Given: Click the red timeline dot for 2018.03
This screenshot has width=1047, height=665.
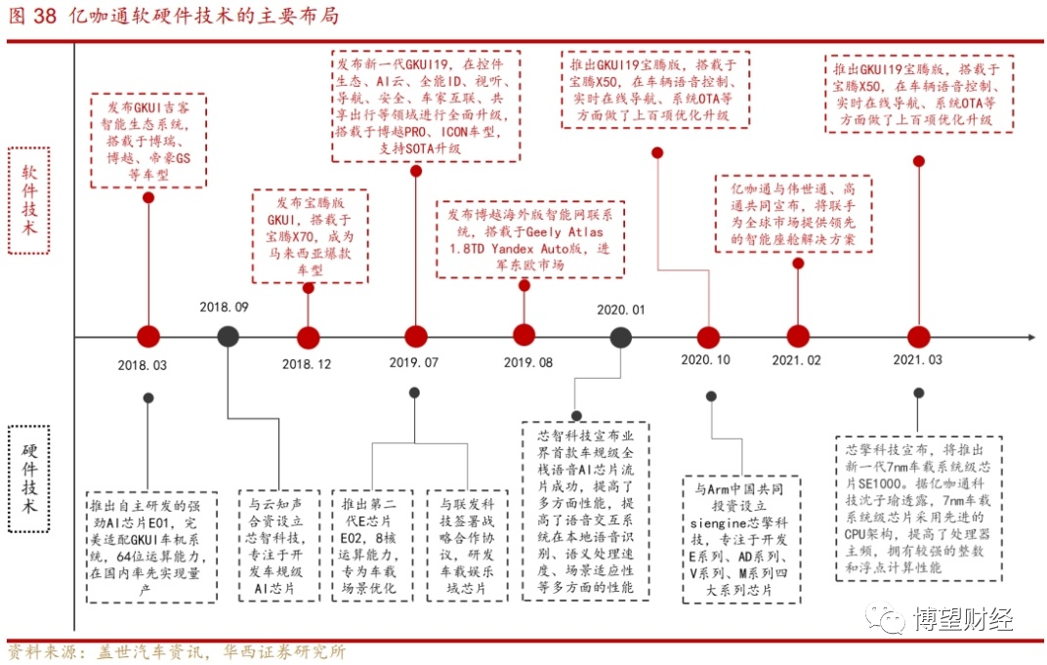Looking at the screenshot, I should (x=148, y=337).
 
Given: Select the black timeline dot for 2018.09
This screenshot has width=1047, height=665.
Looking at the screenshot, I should (x=228, y=337).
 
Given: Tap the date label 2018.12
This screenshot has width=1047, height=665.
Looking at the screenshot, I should (x=308, y=364).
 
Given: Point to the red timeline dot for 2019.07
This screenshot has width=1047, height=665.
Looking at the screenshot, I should (x=415, y=337).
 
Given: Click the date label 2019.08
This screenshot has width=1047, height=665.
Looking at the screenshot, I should (x=528, y=362).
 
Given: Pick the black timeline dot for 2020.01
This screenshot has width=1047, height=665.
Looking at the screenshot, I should (x=620, y=337).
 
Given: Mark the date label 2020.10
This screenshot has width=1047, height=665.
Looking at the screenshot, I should (x=705, y=359).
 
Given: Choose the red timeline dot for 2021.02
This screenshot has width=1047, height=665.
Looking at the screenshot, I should (x=797, y=337).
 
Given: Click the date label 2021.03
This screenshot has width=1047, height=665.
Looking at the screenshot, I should (x=917, y=359).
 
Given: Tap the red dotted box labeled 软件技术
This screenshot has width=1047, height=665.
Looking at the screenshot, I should (x=29, y=200).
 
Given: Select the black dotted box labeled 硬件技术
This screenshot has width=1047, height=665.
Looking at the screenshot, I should (x=29, y=478).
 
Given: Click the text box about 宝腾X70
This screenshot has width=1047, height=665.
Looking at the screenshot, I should (x=309, y=235).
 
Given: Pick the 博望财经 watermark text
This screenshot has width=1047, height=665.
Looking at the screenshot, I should (x=962, y=618).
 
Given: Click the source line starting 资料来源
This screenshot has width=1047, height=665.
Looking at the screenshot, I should (x=176, y=652).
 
